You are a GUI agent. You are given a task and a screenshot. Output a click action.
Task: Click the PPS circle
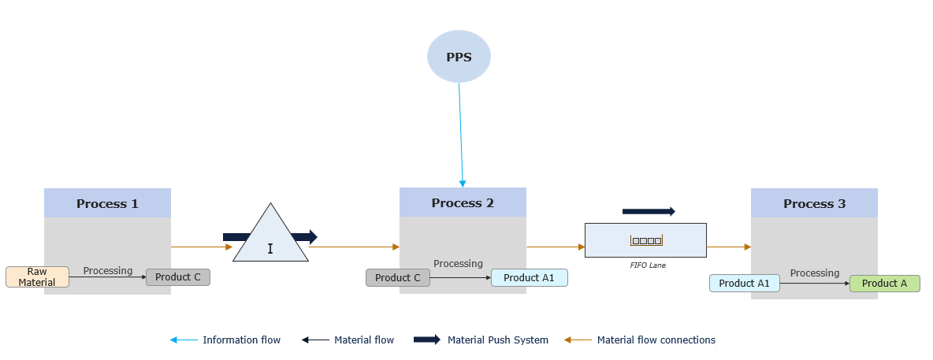pyautogui.click(x=459, y=57)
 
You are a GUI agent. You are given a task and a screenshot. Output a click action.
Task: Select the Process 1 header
pyautogui.click(x=107, y=203)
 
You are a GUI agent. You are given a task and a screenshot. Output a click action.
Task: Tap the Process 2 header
pyautogui.click(x=463, y=202)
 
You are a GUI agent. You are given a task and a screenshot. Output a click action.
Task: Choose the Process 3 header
pyautogui.click(x=814, y=203)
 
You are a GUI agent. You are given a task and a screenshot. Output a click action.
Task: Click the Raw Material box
pyautogui.click(x=37, y=277)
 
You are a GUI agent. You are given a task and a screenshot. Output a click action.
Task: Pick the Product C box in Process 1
pyautogui.click(x=178, y=277)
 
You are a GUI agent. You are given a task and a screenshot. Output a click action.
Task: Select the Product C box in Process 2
pyautogui.click(x=398, y=278)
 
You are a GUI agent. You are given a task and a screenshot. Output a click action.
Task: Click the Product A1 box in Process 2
pyautogui.click(x=529, y=278)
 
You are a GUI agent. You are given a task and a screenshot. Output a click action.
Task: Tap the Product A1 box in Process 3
pyautogui.click(x=745, y=284)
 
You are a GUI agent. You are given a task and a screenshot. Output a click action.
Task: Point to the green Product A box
pyautogui.click(x=884, y=284)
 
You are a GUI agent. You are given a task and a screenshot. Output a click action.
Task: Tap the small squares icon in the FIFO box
pyautogui.click(x=646, y=240)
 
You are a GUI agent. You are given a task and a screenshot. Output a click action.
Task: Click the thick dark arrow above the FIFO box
pyautogui.click(x=649, y=211)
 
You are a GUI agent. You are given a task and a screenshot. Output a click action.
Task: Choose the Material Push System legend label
pyautogui.click(x=498, y=340)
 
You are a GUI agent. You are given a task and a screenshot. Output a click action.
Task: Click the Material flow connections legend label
pyautogui.click(x=656, y=340)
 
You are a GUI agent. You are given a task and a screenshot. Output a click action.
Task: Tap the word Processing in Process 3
pyautogui.click(x=815, y=273)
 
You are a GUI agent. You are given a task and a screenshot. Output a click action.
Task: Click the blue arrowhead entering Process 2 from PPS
pyautogui.click(x=463, y=184)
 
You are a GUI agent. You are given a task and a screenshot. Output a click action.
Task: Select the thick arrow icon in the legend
pyautogui.click(x=427, y=340)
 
